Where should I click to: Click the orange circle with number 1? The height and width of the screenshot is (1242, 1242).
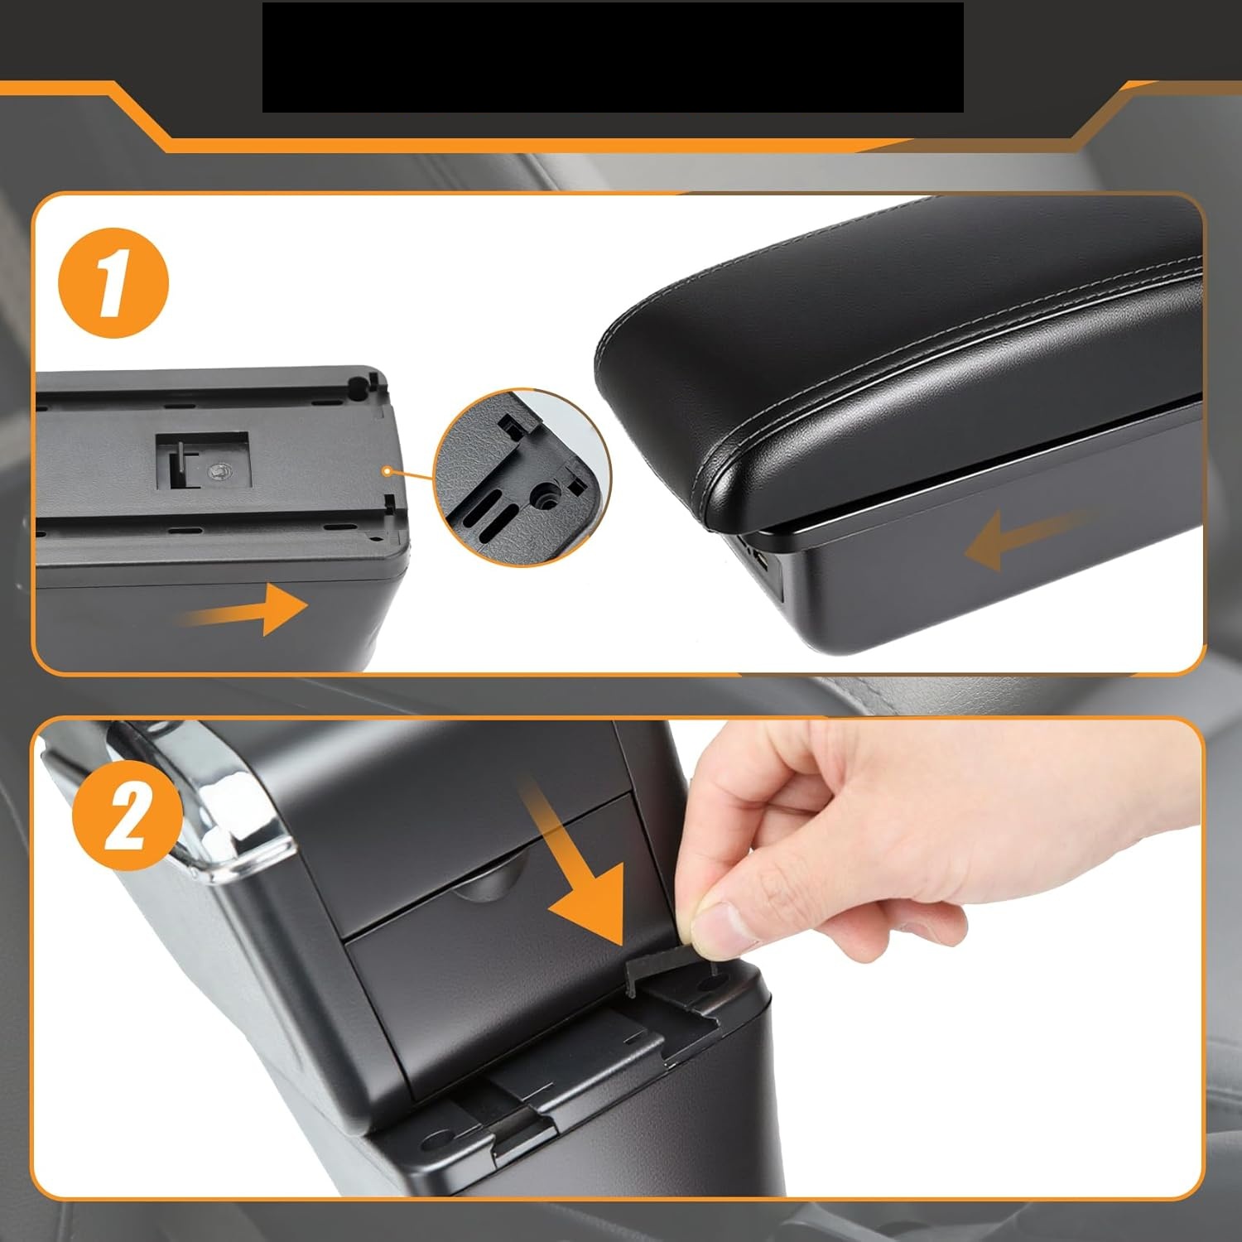click(113, 283)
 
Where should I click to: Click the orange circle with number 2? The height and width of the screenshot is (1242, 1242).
click(127, 815)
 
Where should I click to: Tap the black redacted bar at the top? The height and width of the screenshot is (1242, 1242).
click(613, 57)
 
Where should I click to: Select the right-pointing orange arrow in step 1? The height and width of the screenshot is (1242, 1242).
click(245, 609)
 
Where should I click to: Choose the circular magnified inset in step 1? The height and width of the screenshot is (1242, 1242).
click(522, 478)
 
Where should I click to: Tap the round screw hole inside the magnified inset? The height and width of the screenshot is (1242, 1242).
click(547, 499)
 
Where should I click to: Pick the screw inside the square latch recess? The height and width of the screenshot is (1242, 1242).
click(220, 471)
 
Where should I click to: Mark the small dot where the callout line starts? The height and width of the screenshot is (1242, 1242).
click(387, 470)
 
